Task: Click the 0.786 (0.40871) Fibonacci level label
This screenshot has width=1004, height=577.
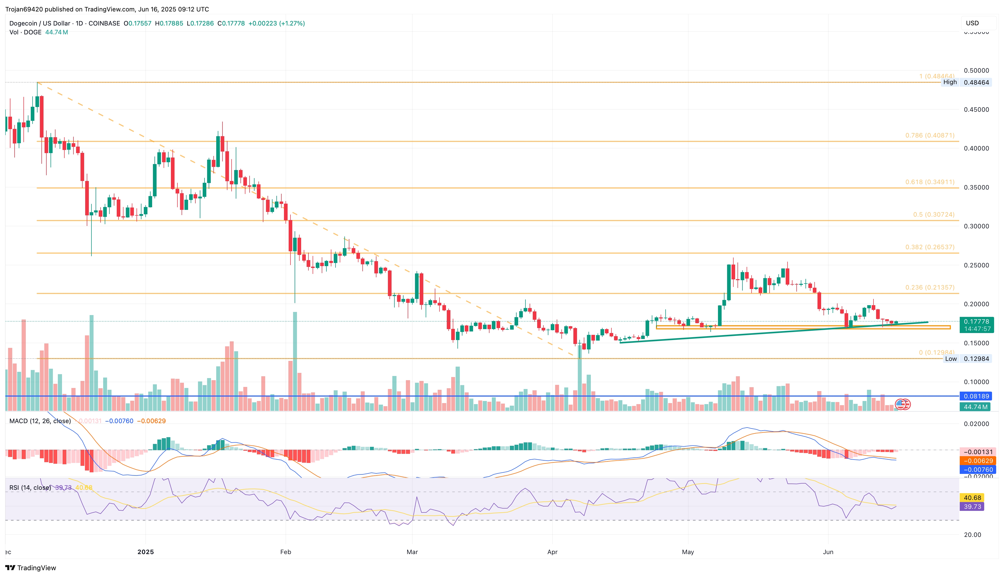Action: click(929, 136)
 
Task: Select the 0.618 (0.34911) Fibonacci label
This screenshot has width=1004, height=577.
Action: click(929, 182)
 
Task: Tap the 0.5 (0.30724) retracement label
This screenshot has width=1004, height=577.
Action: click(933, 215)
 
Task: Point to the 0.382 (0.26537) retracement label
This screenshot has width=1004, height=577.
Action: click(929, 247)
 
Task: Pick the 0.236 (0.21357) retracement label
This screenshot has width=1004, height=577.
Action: click(929, 288)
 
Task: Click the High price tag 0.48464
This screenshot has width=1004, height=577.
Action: click(976, 83)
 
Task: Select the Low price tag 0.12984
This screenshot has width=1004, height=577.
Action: click(976, 359)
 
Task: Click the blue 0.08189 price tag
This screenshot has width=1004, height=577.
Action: click(976, 396)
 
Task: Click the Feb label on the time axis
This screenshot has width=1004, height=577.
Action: click(285, 552)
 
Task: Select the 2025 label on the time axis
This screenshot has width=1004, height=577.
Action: click(145, 552)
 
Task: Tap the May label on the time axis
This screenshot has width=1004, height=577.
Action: click(688, 552)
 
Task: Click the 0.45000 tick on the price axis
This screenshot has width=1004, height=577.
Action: click(976, 110)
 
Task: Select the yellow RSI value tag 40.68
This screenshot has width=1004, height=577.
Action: click(972, 498)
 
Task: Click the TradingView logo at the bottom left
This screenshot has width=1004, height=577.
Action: click(31, 568)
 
